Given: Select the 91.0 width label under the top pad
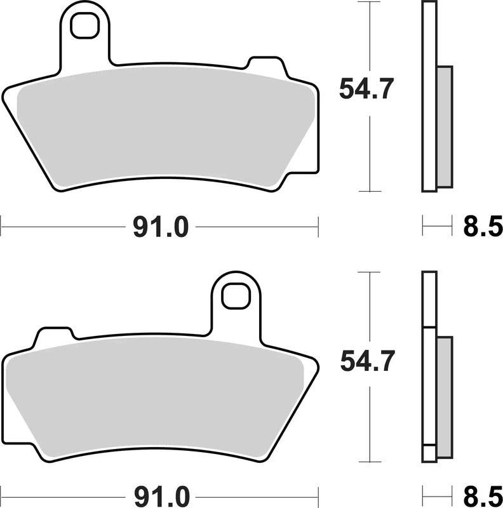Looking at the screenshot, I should (161, 227).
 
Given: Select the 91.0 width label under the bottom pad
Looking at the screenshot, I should (161, 494).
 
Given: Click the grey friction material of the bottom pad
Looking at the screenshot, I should (159, 400).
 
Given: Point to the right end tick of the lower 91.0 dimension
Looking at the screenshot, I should (318, 491).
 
